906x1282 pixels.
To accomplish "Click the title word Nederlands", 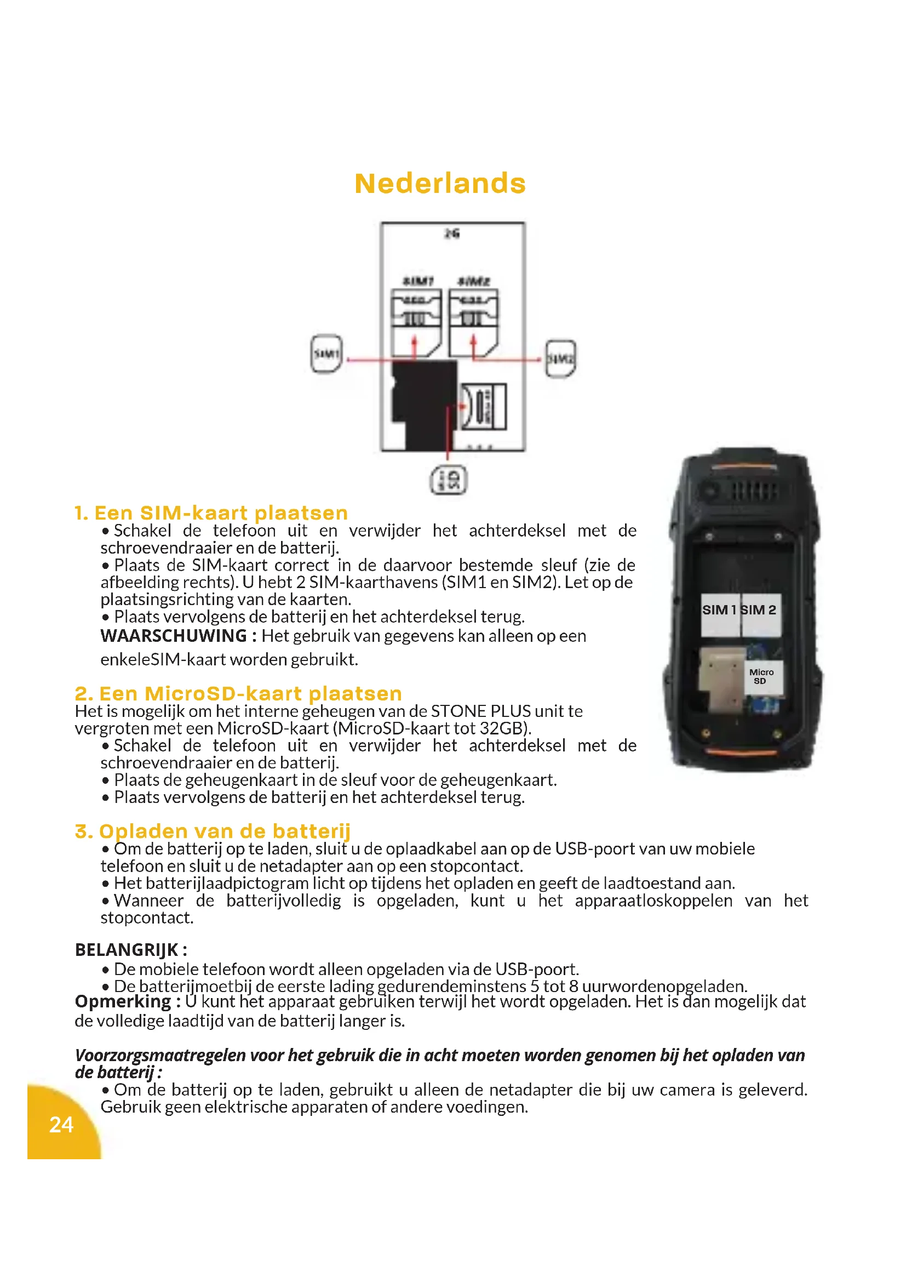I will pos(440,184).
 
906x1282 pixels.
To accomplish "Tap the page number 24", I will pos(61,1125).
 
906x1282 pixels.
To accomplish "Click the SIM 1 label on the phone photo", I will pos(720,609).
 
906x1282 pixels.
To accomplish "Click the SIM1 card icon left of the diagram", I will pos(326,354).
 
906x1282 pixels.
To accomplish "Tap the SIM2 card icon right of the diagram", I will pos(560,358).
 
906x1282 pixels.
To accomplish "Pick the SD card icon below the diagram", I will pos(449,480).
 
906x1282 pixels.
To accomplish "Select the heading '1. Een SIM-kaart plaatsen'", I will pos(211,512).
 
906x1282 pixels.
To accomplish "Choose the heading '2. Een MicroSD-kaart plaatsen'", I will pos(238,693).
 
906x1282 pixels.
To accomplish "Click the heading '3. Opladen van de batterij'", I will pos(213,831).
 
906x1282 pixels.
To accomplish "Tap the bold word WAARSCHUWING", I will pos(174,635).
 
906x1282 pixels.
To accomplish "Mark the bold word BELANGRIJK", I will pos(127,949).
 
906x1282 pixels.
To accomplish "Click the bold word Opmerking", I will pos(123,1001).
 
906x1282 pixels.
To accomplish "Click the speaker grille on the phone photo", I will pos(754,491).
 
